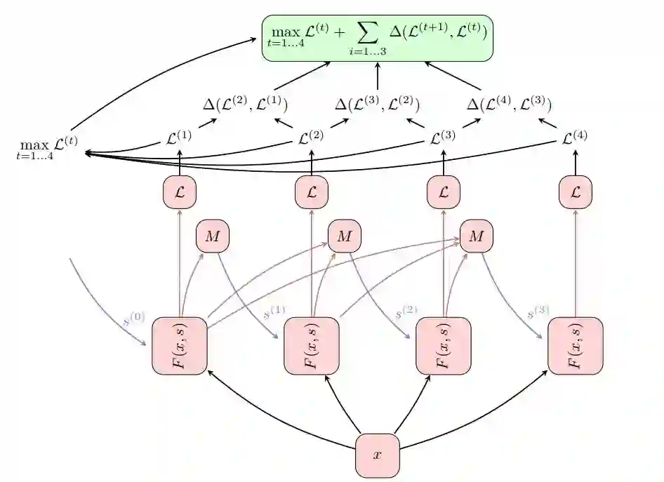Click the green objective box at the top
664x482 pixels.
click(378, 38)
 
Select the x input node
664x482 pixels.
click(377, 455)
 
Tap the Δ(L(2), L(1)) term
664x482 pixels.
click(245, 105)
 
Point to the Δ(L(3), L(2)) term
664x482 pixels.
click(377, 105)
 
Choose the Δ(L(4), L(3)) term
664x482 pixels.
click(509, 105)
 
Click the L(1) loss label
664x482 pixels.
click(179, 138)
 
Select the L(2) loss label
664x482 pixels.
click(311, 138)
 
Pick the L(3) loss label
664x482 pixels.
click(443, 138)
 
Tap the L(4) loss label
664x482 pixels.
click(575, 138)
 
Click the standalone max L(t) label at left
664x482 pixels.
click(47, 147)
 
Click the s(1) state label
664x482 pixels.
click(274, 311)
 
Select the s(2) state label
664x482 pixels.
click(406, 311)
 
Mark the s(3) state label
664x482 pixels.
click(538, 311)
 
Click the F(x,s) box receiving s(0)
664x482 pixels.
click(180, 346)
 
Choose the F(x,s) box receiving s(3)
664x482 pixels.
click(576, 346)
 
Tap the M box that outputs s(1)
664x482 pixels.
click(212, 236)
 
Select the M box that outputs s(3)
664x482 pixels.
click(476, 236)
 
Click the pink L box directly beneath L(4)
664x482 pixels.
click(576, 192)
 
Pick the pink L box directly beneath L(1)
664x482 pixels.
click(180, 192)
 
